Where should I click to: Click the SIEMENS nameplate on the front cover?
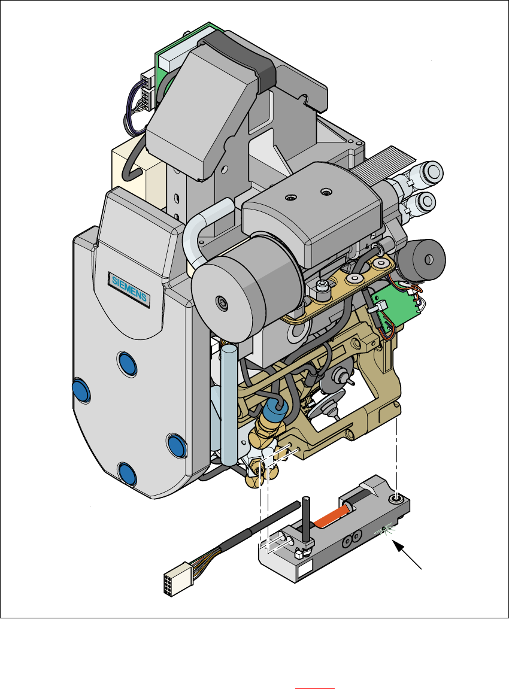[129, 289]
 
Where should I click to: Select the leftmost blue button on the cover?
[81, 390]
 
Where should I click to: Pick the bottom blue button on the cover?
[128, 475]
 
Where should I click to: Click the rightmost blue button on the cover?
[176, 445]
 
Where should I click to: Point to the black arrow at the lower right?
[407, 555]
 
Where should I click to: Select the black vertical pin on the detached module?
[307, 521]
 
